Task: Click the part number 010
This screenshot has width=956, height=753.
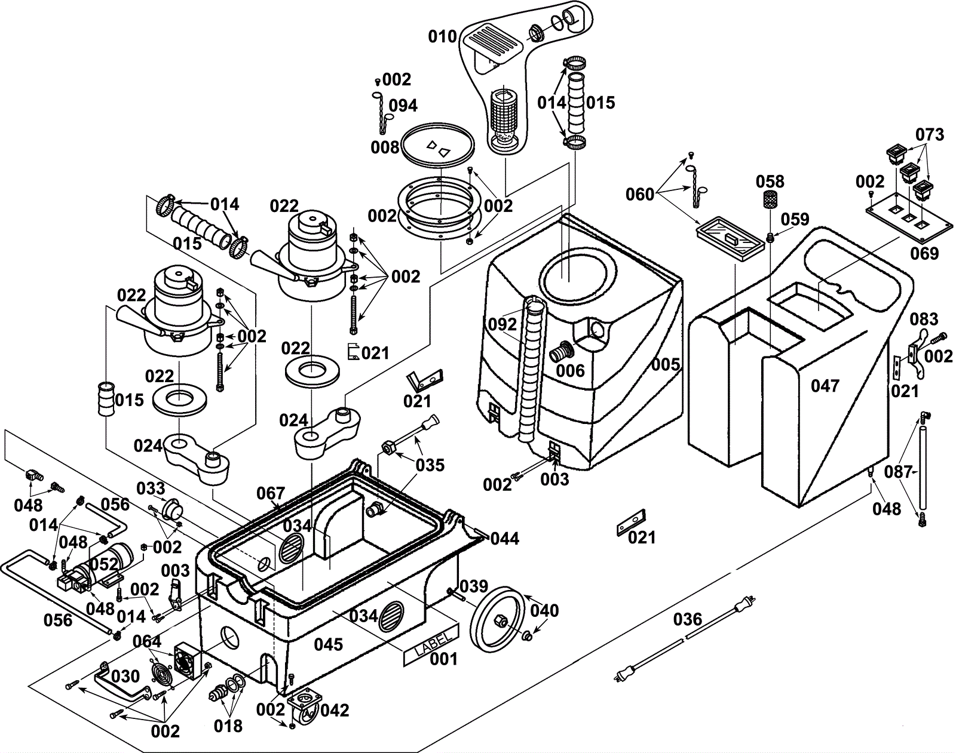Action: tap(442, 37)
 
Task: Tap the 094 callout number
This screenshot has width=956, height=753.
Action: tap(403, 106)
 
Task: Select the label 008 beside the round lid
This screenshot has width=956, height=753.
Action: tap(385, 147)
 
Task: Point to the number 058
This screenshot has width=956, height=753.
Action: tap(770, 182)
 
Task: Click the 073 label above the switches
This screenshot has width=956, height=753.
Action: tap(930, 135)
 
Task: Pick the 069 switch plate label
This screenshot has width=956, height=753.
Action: tap(924, 253)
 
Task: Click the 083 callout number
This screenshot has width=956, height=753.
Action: tap(924, 319)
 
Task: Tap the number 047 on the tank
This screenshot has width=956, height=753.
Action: tap(825, 386)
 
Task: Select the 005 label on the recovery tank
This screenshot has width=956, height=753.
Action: tap(666, 364)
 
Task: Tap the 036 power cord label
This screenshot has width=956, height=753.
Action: tap(687, 619)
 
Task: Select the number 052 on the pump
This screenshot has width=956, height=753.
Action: tap(103, 564)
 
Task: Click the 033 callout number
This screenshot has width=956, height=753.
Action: tap(151, 489)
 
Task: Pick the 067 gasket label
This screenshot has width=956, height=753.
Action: tap(271, 493)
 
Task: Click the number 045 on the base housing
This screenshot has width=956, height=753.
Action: tap(329, 644)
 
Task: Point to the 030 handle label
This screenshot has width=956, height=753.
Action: tap(125, 676)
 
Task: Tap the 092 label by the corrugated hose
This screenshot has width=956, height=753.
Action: tap(502, 325)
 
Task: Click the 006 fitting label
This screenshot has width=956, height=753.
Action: tap(570, 371)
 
